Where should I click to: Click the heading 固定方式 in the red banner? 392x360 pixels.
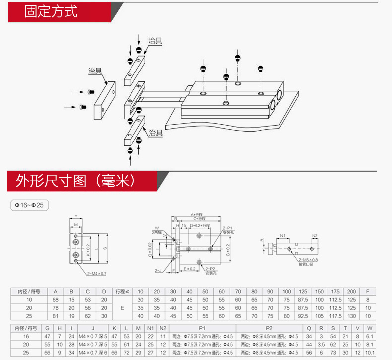coord(51,12)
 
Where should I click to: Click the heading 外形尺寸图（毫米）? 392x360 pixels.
coord(76,180)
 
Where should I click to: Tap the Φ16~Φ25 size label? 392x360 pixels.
coord(30,205)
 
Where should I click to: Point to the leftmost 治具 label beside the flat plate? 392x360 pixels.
coord(95,71)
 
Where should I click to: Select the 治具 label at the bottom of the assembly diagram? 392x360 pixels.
coord(156,133)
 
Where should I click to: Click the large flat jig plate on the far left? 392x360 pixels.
coord(105,101)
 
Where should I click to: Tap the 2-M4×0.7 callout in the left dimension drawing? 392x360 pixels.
coord(97,274)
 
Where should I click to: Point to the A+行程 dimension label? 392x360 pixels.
coord(200,215)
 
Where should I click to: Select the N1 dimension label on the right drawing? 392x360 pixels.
coord(282,236)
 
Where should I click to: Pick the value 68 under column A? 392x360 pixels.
coord(55,300)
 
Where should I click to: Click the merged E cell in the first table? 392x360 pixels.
coord(122,308)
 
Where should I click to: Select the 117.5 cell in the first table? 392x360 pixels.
coord(335,316)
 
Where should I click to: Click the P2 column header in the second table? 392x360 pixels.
coord(269,328)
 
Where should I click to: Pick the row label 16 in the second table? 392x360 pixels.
coord(25,336)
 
